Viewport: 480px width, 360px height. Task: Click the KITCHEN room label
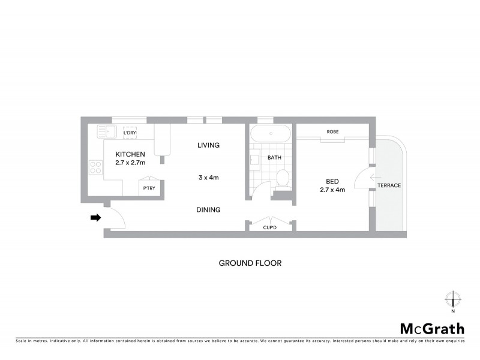coord(130,154)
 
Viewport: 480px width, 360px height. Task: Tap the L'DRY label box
coord(130,132)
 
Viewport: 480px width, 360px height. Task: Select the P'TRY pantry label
coord(148,189)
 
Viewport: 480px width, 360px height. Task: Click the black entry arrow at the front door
coord(95,218)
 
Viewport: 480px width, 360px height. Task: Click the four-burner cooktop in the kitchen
coord(95,167)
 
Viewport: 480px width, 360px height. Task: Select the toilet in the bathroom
coord(282,178)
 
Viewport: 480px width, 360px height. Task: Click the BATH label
coord(274,158)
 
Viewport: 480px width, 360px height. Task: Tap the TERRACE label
coord(389,185)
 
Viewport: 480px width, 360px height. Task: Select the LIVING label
coord(208,145)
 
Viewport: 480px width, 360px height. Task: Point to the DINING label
coord(208,210)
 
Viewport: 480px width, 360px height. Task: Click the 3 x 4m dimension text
coord(208,178)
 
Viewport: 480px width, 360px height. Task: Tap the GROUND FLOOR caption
coord(250,263)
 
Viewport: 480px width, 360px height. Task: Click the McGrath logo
coord(432,329)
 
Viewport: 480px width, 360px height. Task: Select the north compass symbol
coord(453,299)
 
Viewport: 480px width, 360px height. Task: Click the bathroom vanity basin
coord(254,160)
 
